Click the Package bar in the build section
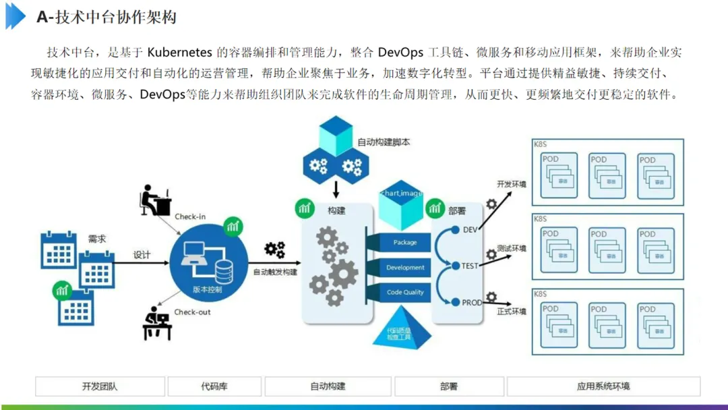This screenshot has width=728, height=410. point(405,242)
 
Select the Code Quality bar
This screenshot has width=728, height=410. point(405,292)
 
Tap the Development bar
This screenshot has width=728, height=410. point(405,268)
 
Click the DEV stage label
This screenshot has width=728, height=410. point(470,230)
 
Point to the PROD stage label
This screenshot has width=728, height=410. point(471,303)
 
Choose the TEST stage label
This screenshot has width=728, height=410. point(469,266)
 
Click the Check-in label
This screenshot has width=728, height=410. point(190,216)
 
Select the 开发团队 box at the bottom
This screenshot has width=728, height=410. point(100,386)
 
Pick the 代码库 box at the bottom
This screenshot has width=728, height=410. point(214,386)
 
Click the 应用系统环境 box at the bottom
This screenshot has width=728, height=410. point(603,386)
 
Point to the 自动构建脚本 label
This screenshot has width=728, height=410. point(384,142)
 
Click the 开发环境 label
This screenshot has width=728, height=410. point(511,184)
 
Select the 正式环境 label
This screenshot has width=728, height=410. point(511,312)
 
